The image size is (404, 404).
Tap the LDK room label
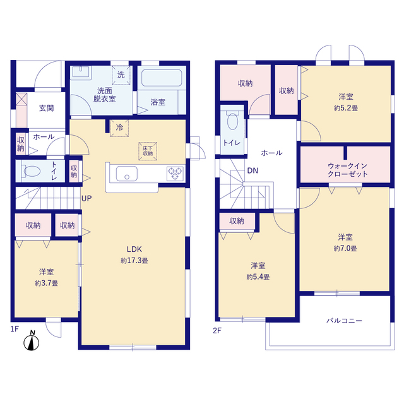(x=134, y=249)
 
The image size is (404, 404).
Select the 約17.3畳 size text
(x=134, y=261)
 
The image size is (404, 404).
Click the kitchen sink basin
(x=126, y=174)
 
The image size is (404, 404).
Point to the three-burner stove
(x=175, y=174)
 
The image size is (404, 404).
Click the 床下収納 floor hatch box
(x=148, y=151)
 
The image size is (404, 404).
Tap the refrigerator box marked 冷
(x=119, y=128)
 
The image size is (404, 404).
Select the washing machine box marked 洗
(x=121, y=75)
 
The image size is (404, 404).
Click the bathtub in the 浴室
(x=162, y=78)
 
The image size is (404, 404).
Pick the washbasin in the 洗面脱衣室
(x=81, y=71)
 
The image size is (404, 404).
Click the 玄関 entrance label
(x=46, y=108)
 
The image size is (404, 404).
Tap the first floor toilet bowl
(x=32, y=171)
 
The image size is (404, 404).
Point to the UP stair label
(x=86, y=198)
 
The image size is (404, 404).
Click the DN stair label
(x=252, y=170)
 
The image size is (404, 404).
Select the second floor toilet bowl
(x=232, y=121)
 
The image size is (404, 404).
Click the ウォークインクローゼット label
(x=347, y=170)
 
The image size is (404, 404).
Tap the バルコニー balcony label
(x=345, y=321)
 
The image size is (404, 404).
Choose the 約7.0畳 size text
(x=345, y=248)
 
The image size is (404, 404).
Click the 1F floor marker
(x=15, y=329)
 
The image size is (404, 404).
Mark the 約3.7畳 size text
(x=46, y=283)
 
